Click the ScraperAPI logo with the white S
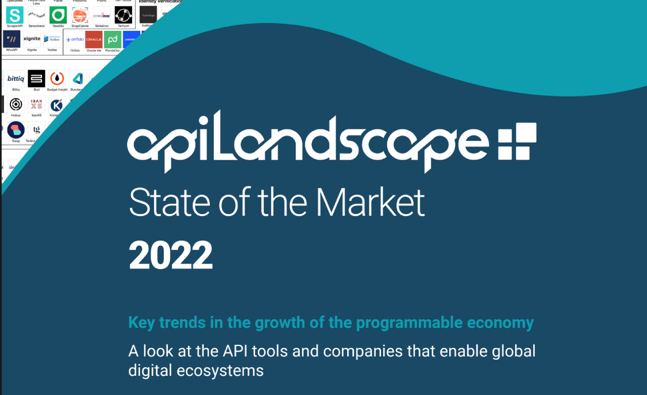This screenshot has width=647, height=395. (x=15, y=15)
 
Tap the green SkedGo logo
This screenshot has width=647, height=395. (x=58, y=15)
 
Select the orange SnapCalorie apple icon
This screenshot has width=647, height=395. (x=80, y=15)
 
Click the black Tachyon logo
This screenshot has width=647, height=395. (x=123, y=15)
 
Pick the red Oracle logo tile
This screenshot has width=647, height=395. (x=94, y=39)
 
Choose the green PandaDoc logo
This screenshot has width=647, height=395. (x=113, y=39)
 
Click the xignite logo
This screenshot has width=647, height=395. (x=32, y=39)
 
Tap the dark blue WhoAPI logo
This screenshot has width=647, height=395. (x=12, y=39)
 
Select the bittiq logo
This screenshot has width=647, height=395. (x=16, y=78)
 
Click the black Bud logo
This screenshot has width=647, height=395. (x=36, y=78)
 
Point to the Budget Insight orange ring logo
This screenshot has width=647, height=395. (x=57, y=78)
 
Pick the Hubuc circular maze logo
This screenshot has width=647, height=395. (x=16, y=105)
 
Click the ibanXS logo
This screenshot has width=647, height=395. (x=36, y=105)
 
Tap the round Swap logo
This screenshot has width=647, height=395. (x=16, y=130)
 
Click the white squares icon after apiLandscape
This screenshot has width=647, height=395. (x=517, y=141)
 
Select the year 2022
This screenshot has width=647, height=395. (x=171, y=255)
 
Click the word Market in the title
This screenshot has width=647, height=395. (x=371, y=202)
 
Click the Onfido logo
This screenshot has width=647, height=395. (x=75, y=39)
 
